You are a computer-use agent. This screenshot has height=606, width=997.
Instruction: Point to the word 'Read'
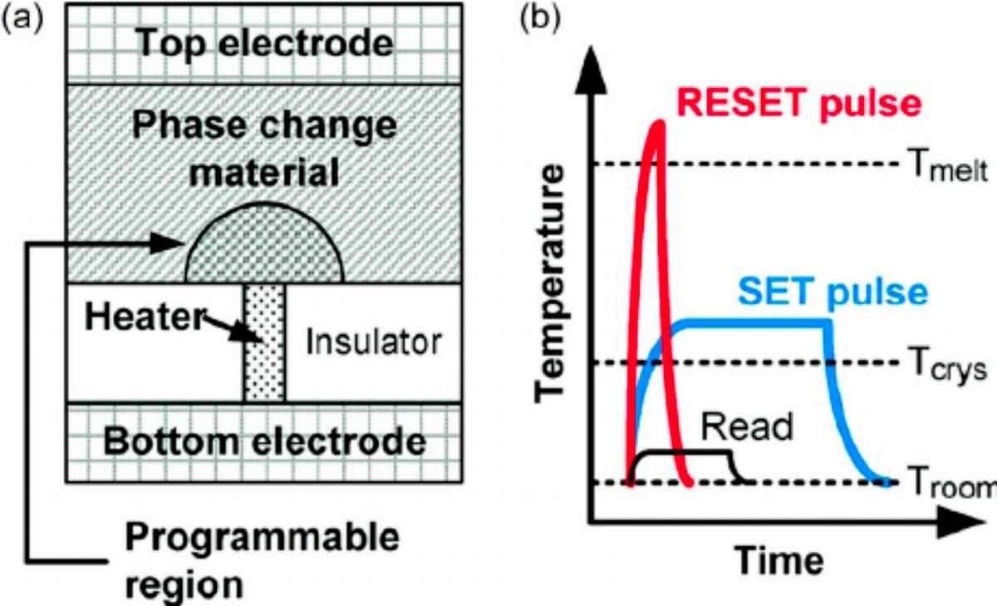click(747, 426)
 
